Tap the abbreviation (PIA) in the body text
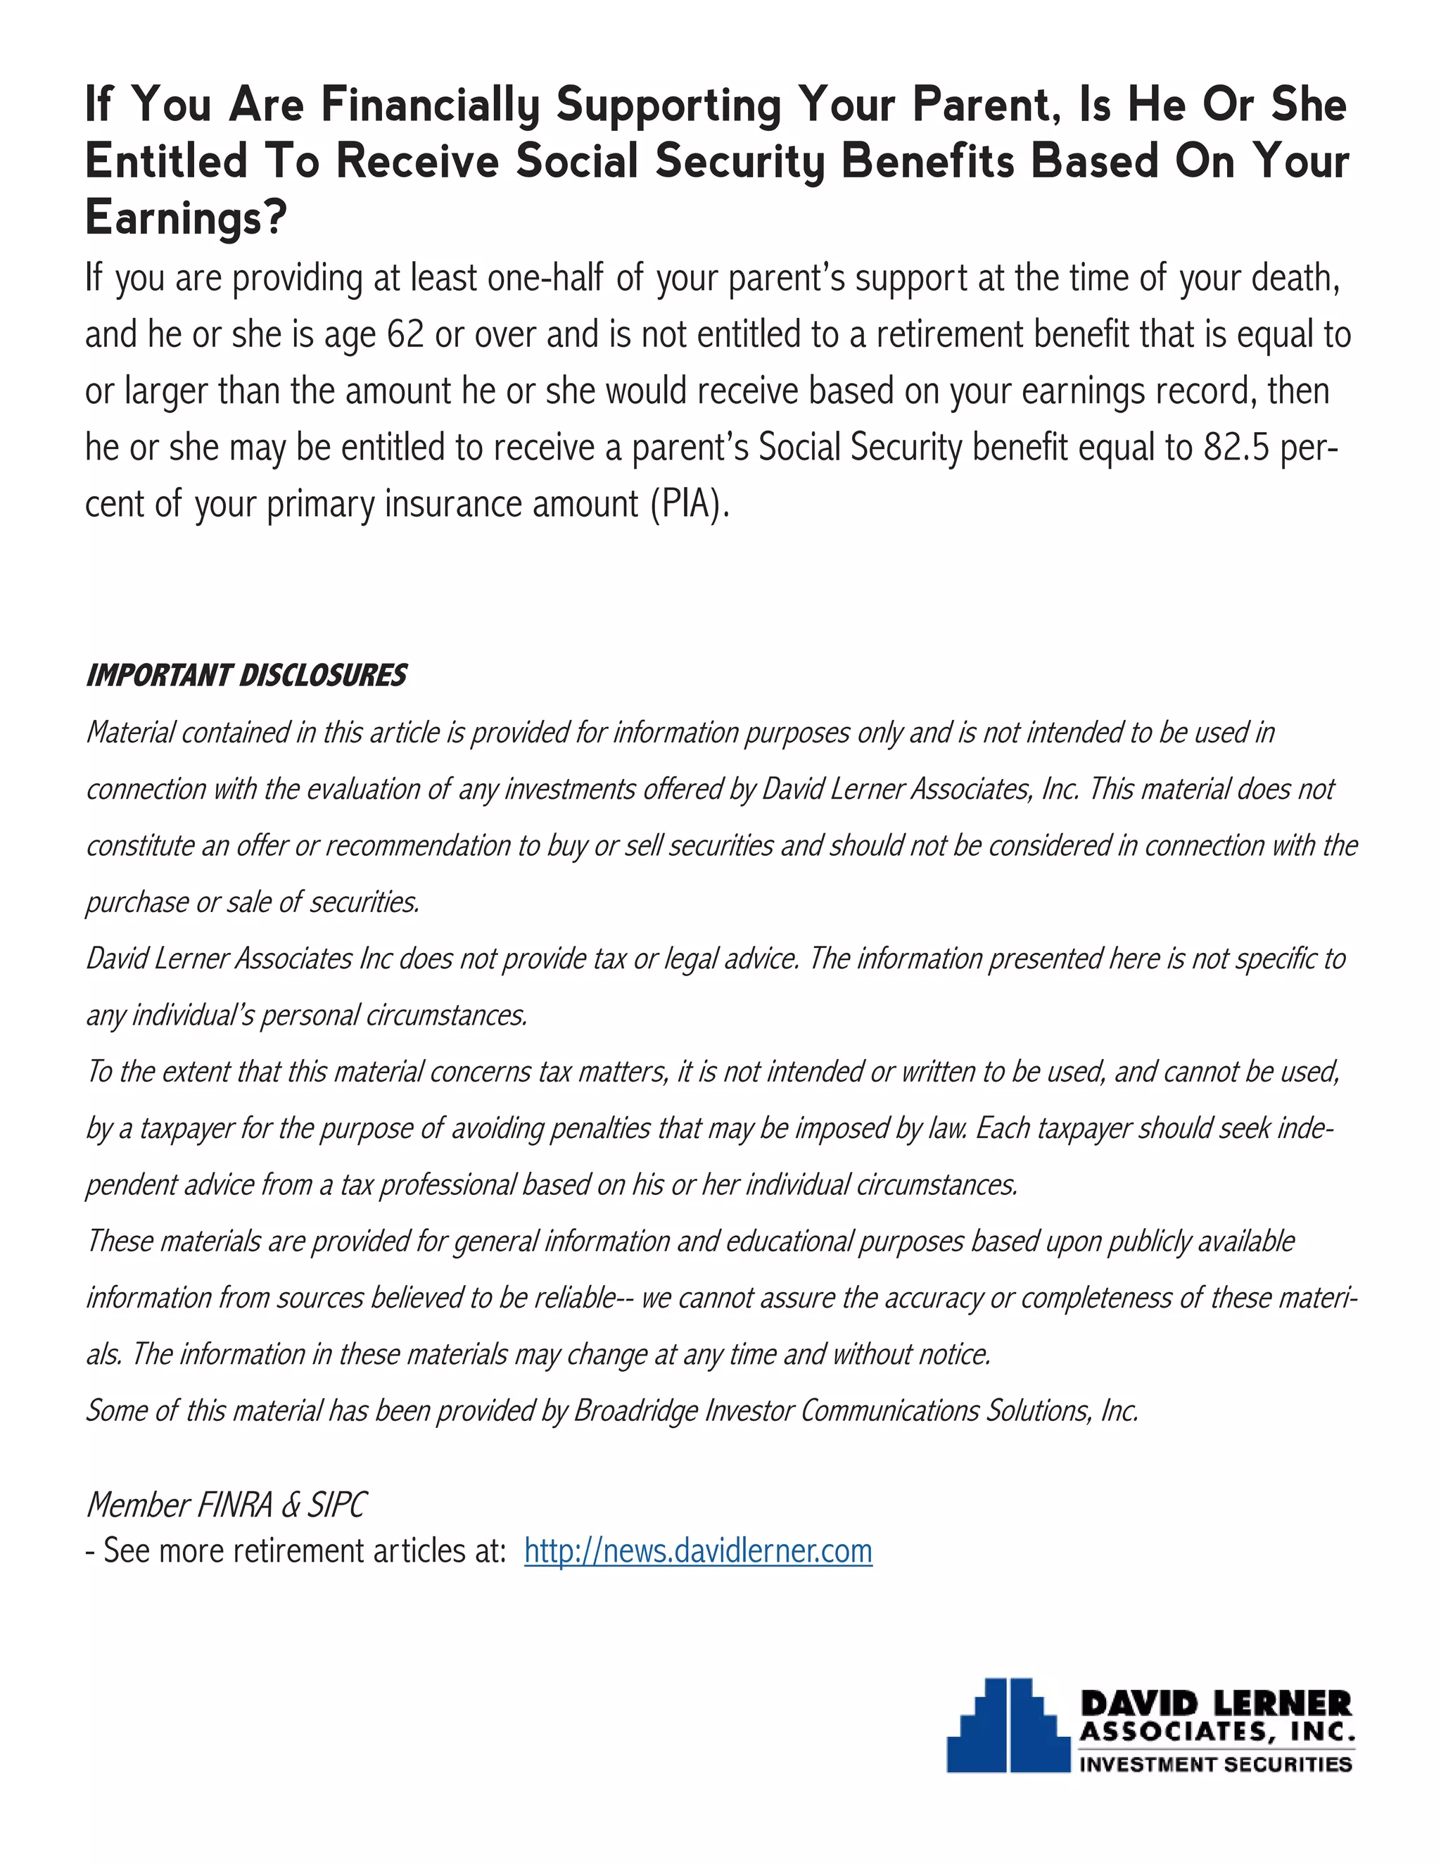click(690, 504)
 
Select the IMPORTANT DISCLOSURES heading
click(246, 676)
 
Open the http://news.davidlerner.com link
click(697, 1550)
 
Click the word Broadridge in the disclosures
click(636, 1410)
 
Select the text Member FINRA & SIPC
click(227, 1505)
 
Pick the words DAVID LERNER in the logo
click(1216, 1704)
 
